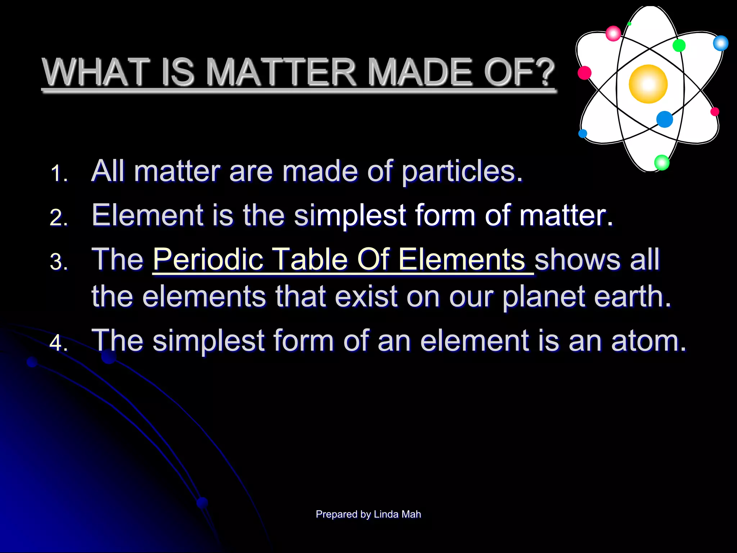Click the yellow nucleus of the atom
point(648,84)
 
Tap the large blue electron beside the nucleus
point(664,119)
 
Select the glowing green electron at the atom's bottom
point(661,162)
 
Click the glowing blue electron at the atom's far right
point(720,43)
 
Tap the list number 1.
point(59,174)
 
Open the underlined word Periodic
point(208,259)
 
